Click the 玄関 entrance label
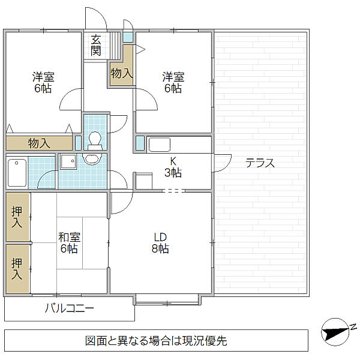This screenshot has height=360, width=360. click(95, 46)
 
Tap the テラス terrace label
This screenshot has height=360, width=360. click(260, 163)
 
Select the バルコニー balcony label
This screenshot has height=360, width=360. click(70, 308)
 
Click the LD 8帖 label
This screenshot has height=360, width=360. click(160, 242)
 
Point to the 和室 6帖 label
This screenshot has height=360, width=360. click(69, 242)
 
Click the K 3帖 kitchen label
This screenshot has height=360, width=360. click(173, 167)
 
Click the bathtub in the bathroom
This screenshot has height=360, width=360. click(17, 173)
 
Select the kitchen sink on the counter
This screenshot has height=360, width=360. click(160, 145)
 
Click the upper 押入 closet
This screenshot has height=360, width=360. click(17, 217)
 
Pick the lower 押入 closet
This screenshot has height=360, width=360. click(17, 269)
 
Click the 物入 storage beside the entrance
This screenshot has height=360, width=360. click(122, 69)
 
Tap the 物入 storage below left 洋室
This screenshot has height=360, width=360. click(39, 143)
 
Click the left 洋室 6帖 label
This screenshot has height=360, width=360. click(43, 82)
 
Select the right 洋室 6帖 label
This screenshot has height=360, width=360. click(173, 82)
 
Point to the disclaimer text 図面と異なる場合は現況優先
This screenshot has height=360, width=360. click(156, 341)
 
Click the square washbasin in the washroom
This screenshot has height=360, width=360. click(68, 161)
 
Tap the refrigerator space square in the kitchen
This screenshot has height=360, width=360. click(144, 181)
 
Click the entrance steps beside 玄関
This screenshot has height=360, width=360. click(115, 46)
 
